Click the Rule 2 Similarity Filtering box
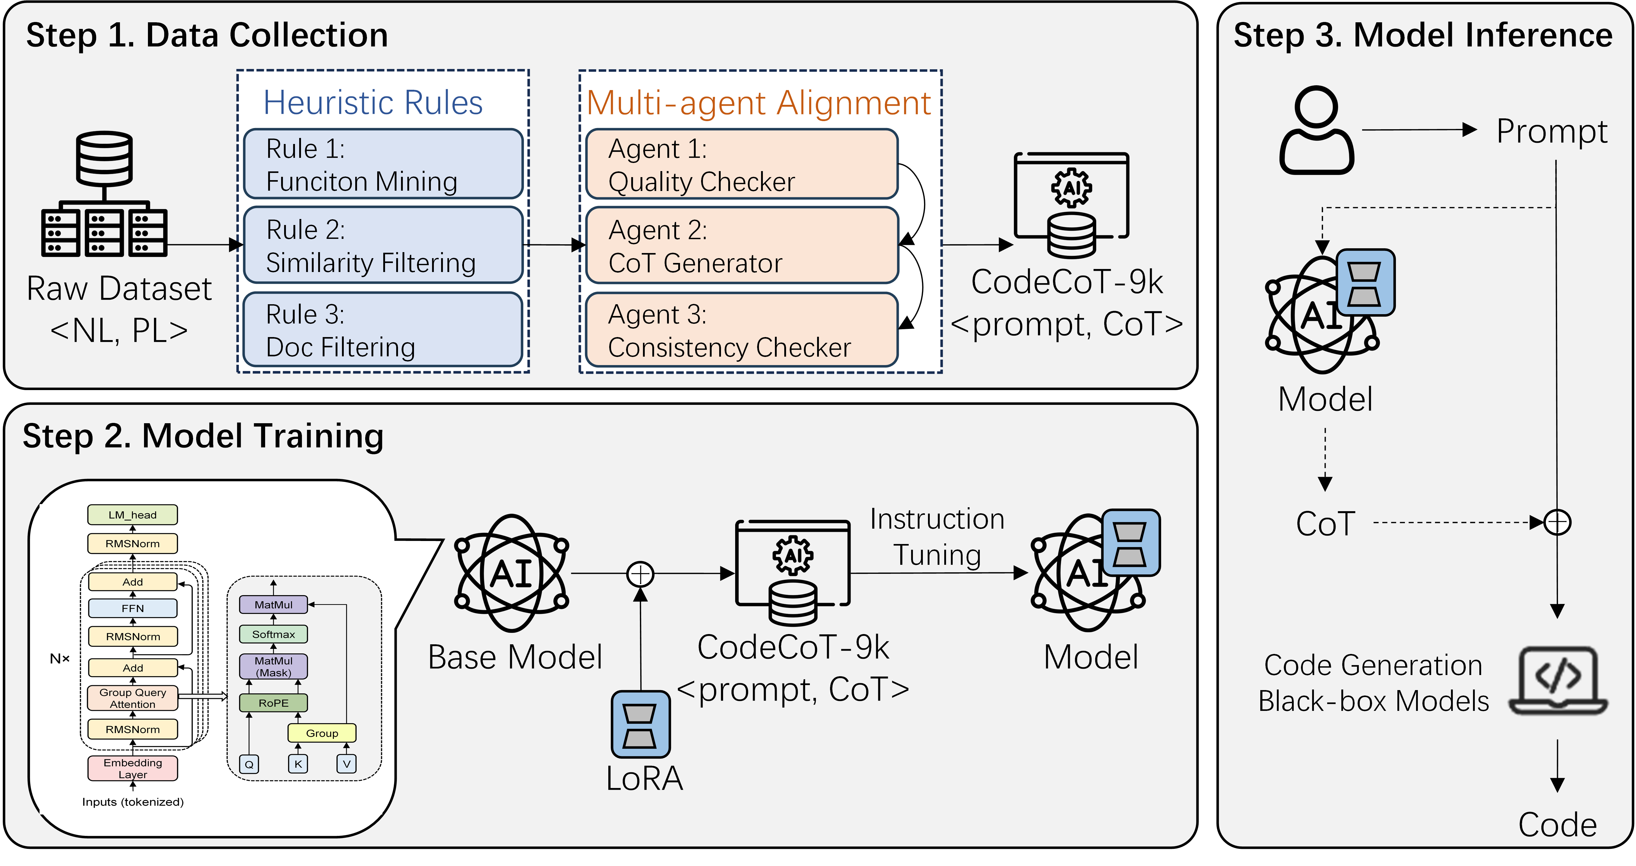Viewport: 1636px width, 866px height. point(383,245)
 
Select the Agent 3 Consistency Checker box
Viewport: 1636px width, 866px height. point(741,330)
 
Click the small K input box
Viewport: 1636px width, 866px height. point(298,764)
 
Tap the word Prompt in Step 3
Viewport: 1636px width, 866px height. point(1552,131)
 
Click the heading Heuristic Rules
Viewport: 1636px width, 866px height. point(373,103)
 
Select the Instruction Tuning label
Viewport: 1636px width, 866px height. point(937,537)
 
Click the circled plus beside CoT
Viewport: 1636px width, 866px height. point(1557,523)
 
